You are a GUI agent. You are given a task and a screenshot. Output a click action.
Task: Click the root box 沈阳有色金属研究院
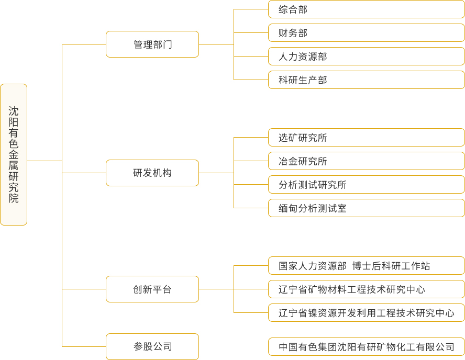tap(14, 155)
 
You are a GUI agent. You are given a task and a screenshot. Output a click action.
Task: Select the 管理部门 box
tap(152, 44)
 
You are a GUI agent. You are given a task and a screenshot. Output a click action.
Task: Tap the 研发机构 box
tap(152, 173)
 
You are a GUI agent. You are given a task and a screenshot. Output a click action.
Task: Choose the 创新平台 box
tap(152, 289)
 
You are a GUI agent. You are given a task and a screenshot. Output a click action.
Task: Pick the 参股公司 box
tap(152, 347)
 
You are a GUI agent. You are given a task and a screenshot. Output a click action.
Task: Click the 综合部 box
tap(366, 9)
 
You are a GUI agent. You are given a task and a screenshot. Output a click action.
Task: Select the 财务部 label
tap(293, 33)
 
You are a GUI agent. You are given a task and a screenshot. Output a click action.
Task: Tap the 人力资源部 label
tap(303, 57)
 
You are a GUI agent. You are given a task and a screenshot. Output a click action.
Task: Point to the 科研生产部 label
tap(303, 80)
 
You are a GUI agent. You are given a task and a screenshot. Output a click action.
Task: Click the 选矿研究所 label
tap(303, 138)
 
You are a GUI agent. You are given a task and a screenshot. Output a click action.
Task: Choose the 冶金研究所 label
tap(303, 161)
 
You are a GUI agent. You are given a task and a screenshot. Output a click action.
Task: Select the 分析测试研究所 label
tap(312, 185)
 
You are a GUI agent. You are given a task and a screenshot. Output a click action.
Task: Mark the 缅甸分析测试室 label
tap(312, 208)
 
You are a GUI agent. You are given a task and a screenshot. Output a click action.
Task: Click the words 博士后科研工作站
tap(391, 266)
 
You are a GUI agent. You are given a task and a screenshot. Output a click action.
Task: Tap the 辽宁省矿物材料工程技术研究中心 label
tap(352, 289)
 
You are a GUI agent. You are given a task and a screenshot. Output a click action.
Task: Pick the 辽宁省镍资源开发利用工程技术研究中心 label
tap(366, 313)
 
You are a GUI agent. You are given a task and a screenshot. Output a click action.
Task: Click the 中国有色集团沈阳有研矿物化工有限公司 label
tap(366, 347)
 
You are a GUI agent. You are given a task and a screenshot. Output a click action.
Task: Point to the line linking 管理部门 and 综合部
tap(234, 27)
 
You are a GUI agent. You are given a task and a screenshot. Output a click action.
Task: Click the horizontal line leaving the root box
tap(45, 161)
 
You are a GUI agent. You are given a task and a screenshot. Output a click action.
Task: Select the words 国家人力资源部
tap(312, 266)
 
